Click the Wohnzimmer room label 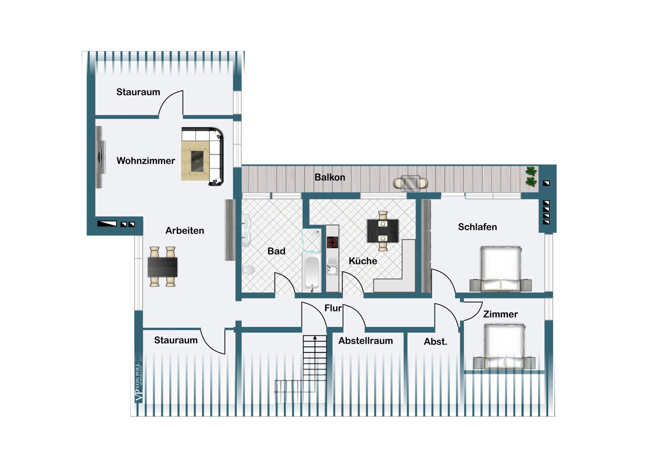click(x=146, y=161)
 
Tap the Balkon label click(x=330, y=177)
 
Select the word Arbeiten click(x=185, y=231)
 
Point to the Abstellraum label click(x=366, y=341)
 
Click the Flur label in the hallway click(x=333, y=308)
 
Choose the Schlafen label click(x=477, y=227)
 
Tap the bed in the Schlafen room click(x=501, y=268)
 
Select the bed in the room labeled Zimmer click(x=504, y=347)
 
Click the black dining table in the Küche click(x=382, y=231)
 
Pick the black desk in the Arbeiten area click(x=163, y=267)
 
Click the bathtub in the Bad click(x=312, y=271)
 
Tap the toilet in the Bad click(x=248, y=270)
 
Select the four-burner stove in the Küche click(x=332, y=242)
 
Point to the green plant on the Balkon click(x=531, y=176)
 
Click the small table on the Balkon click(x=410, y=183)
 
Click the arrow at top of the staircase click(x=315, y=337)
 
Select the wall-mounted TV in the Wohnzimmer click(x=100, y=157)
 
